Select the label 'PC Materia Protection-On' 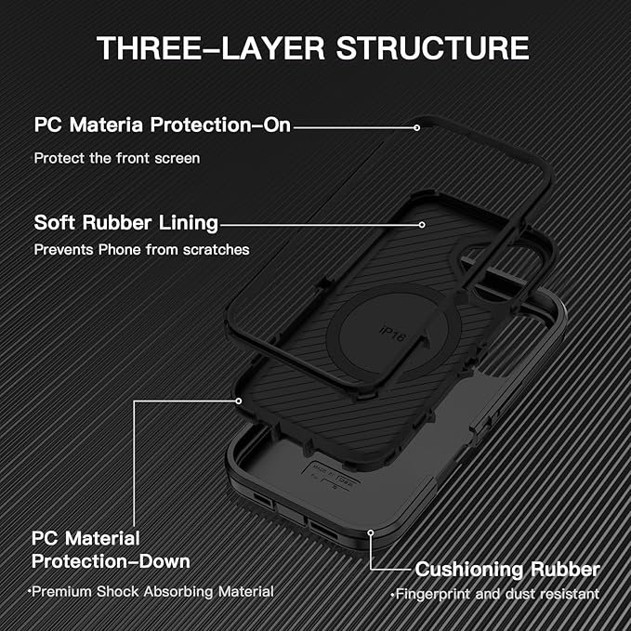pyautogui.click(x=163, y=125)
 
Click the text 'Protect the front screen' pyautogui.click(x=117, y=158)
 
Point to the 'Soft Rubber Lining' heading pyautogui.click(x=126, y=223)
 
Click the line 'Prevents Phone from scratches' pyautogui.click(x=141, y=249)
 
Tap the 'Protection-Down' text pyautogui.click(x=111, y=561)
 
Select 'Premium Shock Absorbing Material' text pyautogui.click(x=151, y=591)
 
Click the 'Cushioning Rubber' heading pyautogui.click(x=507, y=569)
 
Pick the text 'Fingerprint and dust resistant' pyautogui.click(x=496, y=594)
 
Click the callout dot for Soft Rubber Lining pyautogui.click(x=421, y=224)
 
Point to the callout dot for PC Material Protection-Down pyautogui.click(x=239, y=401)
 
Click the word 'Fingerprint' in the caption pyautogui.click(x=431, y=594)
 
